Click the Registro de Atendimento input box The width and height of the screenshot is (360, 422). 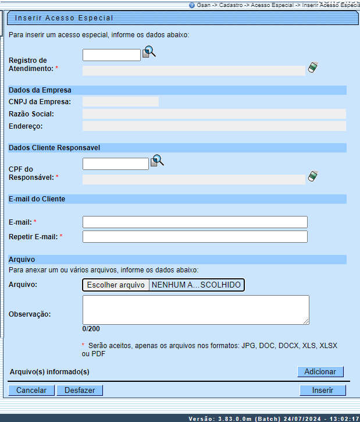[112, 55]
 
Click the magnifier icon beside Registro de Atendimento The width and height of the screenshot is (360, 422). [149, 52]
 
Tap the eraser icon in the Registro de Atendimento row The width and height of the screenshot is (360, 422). [313, 68]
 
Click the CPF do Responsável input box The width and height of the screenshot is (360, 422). [116, 164]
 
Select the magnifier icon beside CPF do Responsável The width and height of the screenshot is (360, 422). [157, 161]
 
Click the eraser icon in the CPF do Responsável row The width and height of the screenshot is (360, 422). [313, 176]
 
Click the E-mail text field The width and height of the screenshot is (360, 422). [195, 222]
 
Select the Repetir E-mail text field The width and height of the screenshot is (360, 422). [195, 236]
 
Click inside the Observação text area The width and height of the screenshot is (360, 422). [195, 309]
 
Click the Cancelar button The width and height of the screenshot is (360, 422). [31, 390]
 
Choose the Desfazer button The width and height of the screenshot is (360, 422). [80, 390]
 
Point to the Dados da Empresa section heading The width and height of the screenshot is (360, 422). [40, 90]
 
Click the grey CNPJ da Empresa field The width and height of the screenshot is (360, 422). [120, 102]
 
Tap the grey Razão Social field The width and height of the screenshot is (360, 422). [214, 114]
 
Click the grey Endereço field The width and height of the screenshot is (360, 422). [214, 126]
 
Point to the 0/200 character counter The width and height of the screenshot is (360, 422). [91, 329]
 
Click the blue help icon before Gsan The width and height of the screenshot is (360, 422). [192, 4]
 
